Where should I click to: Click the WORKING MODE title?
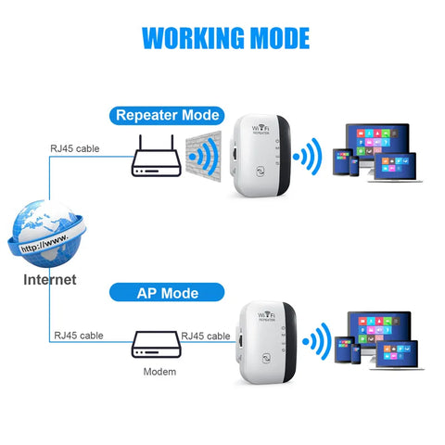pos(225,37)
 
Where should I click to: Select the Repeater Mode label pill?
pos(167,115)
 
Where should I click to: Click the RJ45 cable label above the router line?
pos(75,147)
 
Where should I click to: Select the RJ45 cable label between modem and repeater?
pos(205,336)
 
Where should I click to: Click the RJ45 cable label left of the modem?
pos(77,336)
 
